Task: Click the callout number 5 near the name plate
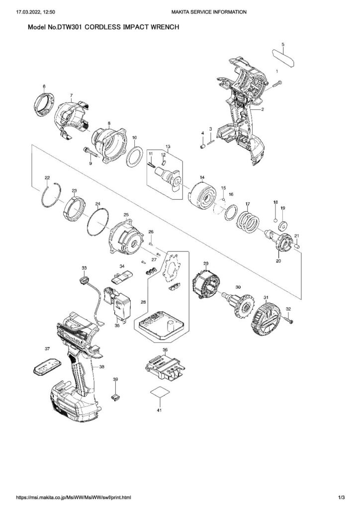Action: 282,45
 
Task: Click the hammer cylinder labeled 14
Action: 203,198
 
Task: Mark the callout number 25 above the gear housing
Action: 126,215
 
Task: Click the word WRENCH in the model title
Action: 158,29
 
